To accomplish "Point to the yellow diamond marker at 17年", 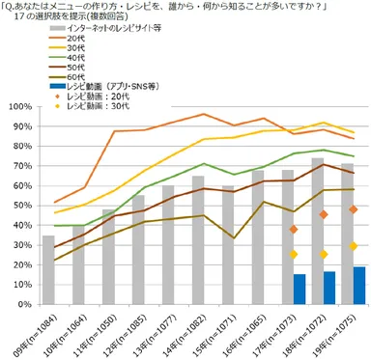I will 294,254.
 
